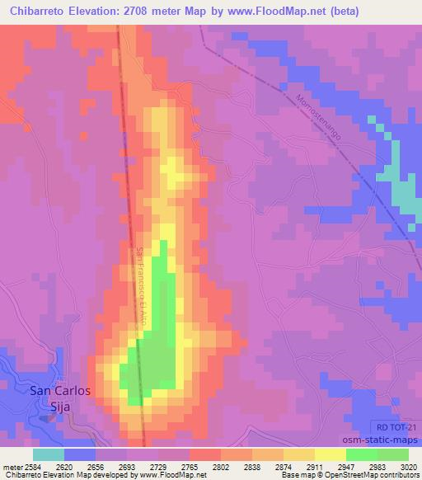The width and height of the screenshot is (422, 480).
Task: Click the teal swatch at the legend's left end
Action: (49, 454)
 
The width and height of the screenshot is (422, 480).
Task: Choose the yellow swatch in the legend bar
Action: (298, 454)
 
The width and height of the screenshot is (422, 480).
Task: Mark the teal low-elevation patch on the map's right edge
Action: (403, 194)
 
